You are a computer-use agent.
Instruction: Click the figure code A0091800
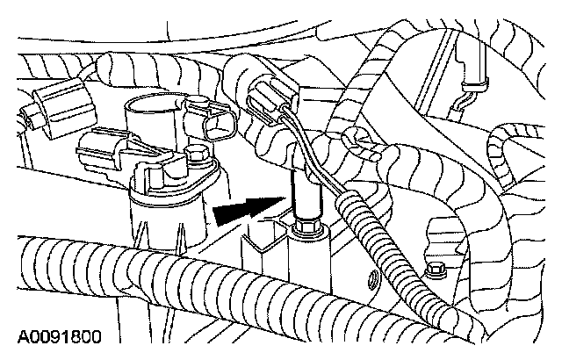(58, 335)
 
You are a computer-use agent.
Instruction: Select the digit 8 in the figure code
(72, 335)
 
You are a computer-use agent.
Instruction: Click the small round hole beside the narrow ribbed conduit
(373, 282)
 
